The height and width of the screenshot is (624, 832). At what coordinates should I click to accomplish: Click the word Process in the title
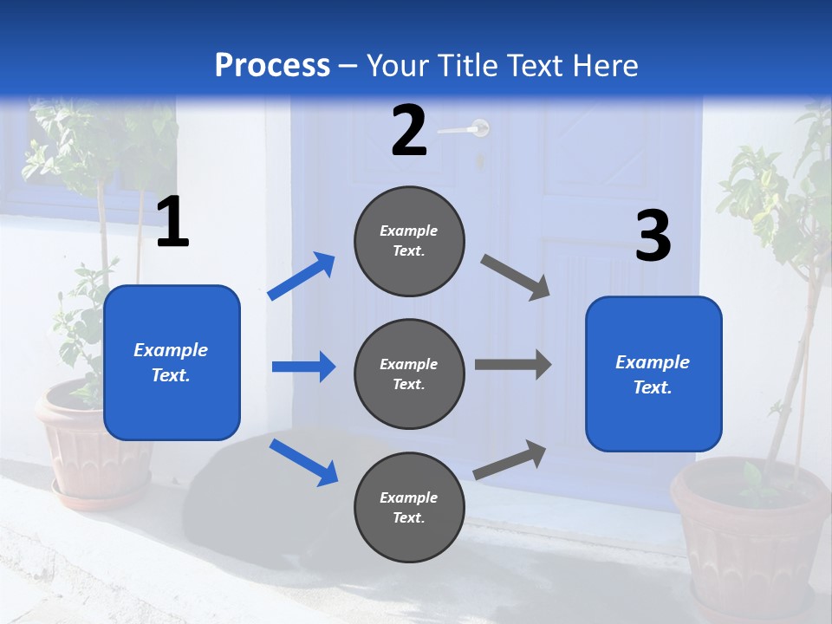pos(272,66)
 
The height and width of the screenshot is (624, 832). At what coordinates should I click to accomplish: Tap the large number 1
pos(172,223)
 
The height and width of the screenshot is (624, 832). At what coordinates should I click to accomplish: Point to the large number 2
pos(409,131)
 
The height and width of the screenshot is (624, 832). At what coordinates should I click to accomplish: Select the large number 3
pos(653,237)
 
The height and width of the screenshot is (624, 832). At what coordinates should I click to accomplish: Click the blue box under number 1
pos(172,362)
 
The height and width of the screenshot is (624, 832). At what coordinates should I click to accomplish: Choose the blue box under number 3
pos(653,374)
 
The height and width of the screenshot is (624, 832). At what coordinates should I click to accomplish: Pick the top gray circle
pos(409,241)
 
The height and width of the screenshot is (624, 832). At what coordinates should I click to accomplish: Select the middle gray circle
pos(409,374)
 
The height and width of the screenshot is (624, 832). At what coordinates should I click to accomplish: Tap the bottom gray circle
pos(409,507)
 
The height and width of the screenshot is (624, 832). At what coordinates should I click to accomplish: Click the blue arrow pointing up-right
pos(302,276)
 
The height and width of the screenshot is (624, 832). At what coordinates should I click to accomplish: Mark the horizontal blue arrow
pos(303,367)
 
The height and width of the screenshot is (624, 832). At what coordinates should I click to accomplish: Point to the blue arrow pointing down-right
pos(303,462)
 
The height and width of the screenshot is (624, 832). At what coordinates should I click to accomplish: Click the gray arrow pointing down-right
pos(516,277)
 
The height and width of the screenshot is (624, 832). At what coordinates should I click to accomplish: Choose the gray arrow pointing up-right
pos(510,460)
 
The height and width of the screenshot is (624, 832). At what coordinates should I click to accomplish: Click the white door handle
pos(465,130)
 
